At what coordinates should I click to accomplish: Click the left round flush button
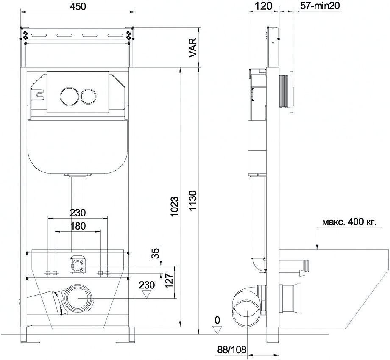click(x=68, y=97)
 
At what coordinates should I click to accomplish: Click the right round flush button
click(x=88, y=97)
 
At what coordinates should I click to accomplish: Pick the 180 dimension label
click(x=78, y=226)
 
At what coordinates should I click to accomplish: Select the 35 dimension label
click(x=156, y=254)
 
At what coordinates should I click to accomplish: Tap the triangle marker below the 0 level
click(x=217, y=330)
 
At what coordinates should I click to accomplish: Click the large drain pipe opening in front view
click(x=78, y=298)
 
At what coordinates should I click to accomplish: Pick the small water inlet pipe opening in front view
click(x=78, y=266)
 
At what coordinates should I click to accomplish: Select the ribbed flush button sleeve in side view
click(x=283, y=92)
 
